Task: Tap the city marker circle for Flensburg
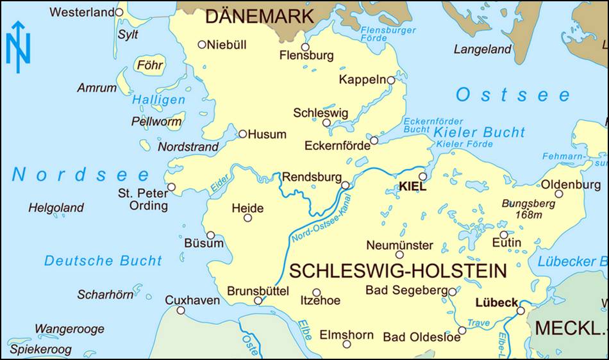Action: (x=305, y=47)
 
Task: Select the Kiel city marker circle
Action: (x=422, y=176)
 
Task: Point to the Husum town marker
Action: (x=242, y=134)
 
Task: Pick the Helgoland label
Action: (x=56, y=208)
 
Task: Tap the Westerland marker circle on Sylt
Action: (x=119, y=12)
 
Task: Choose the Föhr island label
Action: (x=149, y=65)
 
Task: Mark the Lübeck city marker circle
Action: (x=521, y=311)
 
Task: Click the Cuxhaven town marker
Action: (x=181, y=310)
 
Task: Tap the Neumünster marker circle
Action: (x=399, y=254)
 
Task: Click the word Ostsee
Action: (x=513, y=95)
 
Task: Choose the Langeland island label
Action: (x=483, y=49)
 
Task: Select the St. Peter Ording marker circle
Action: (x=171, y=187)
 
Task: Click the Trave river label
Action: (x=478, y=323)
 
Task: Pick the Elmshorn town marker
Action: (x=347, y=344)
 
